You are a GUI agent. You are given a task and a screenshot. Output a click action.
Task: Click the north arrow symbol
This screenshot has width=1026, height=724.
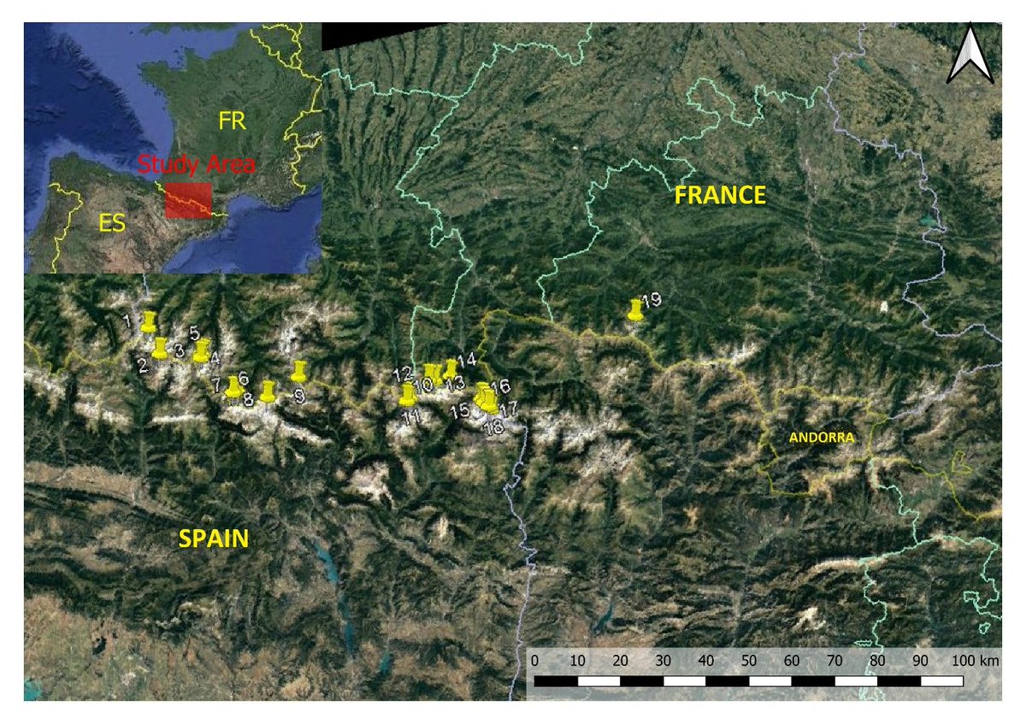point(970,56)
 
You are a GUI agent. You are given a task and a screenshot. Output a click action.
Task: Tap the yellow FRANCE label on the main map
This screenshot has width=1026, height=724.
point(719,196)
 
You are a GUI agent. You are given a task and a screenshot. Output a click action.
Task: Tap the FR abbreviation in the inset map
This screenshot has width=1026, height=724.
point(232,121)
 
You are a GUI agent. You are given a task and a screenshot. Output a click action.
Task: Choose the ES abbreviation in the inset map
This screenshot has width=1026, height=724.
point(112,224)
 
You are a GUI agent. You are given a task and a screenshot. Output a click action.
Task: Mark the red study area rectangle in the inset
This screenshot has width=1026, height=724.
point(187,200)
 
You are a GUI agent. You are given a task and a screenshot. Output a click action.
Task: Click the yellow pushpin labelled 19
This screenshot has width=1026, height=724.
point(635,309)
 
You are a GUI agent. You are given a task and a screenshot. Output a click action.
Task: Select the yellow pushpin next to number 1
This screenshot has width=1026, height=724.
point(150,322)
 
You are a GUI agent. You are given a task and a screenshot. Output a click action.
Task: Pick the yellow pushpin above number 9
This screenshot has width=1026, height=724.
point(298,372)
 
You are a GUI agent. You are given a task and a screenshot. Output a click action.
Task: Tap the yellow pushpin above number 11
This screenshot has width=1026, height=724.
point(408,395)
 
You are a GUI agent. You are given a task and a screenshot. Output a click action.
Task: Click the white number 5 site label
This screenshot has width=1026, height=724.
point(194,333)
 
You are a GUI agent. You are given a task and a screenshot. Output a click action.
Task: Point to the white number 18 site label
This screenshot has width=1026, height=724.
point(493,427)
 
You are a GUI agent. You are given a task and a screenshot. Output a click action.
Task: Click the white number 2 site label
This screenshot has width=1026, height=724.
point(143,365)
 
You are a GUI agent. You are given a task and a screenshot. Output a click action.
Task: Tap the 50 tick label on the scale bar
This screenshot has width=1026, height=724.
point(749,660)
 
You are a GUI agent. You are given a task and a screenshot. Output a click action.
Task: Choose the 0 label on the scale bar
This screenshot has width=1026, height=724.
point(535,660)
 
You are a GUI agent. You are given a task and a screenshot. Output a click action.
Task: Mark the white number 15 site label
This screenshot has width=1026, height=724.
point(460,411)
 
